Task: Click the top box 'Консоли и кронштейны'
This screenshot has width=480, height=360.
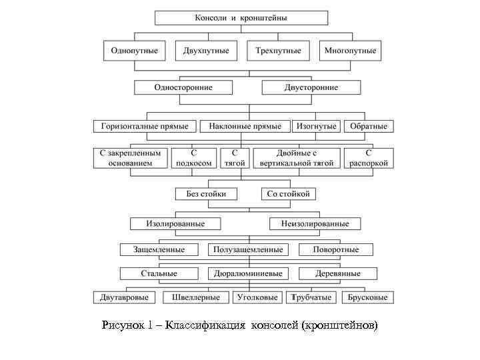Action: [x=241, y=18]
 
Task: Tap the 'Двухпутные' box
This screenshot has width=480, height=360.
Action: [x=207, y=51]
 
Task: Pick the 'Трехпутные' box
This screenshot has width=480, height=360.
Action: [x=278, y=51]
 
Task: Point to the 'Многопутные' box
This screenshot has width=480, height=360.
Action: [x=350, y=51]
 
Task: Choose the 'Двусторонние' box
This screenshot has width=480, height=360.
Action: [x=311, y=87]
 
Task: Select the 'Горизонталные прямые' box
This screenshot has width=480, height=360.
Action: [x=145, y=126]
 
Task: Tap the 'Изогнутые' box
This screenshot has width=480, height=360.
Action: [x=316, y=126]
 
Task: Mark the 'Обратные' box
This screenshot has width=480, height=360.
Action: [x=368, y=126]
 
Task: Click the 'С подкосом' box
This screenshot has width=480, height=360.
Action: [x=195, y=158]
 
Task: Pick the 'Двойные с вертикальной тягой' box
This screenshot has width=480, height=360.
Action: [x=297, y=158]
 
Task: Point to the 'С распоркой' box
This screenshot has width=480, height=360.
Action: [x=368, y=158]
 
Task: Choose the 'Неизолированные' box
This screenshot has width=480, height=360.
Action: [x=315, y=224]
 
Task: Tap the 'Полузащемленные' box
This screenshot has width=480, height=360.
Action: [x=248, y=250]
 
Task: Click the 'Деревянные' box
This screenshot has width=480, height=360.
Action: [x=339, y=273]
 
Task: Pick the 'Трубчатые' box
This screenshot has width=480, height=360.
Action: [x=312, y=297]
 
